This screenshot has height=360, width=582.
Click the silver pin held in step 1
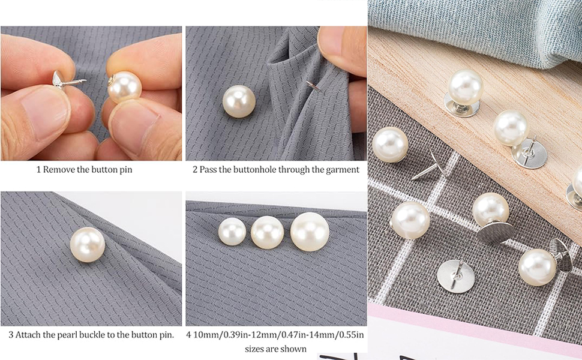pyautogui.click(x=67, y=80)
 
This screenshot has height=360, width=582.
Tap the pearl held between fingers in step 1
pyautogui.click(x=125, y=88)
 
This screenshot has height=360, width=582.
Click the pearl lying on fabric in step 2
pyautogui.click(x=239, y=101)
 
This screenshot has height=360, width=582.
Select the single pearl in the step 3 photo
pyautogui.click(x=88, y=245)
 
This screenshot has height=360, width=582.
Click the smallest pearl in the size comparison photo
pyautogui.click(x=232, y=232)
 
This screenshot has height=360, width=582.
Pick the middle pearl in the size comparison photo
pyautogui.click(x=267, y=233)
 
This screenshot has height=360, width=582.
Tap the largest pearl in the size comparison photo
pyautogui.click(x=310, y=232)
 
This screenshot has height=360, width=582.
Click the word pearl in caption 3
pyautogui.click(x=79, y=335)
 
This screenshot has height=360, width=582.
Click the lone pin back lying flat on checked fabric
pyautogui.click(x=456, y=276)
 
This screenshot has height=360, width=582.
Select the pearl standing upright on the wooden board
pyautogui.click(x=465, y=88)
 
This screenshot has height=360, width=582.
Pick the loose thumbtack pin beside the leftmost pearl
pyautogui.click(x=427, y=166)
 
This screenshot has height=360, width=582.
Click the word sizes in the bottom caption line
pyautogui.click(x=254, y=349)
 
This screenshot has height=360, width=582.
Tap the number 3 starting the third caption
pyautogui.click(x=11, y=335)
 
